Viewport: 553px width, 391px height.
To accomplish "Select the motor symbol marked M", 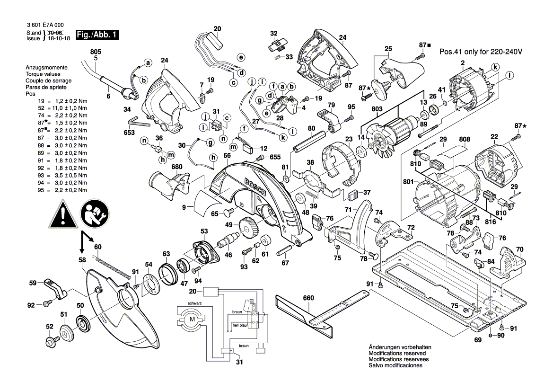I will (192, 319).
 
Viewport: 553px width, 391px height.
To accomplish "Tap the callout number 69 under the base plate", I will (477, 340).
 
